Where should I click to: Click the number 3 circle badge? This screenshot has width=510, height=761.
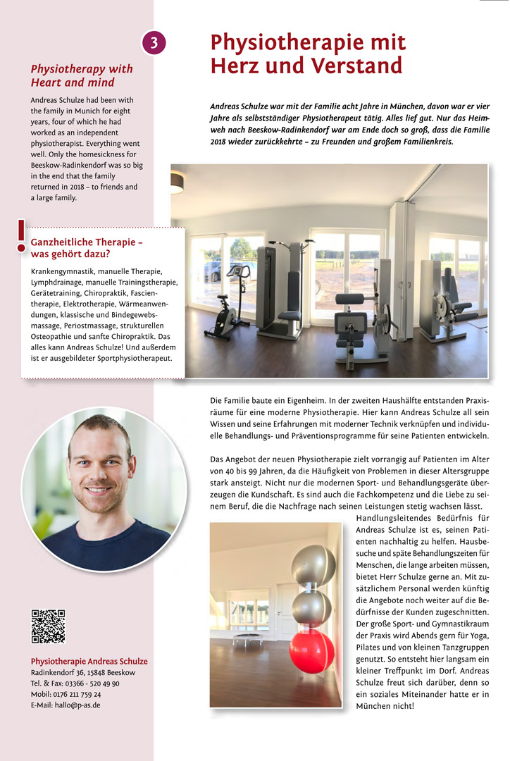(154, 43)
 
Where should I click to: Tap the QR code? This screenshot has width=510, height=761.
(48, 626)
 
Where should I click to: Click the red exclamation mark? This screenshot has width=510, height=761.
(21, 236)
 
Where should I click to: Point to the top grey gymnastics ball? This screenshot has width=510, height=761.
(313, 564)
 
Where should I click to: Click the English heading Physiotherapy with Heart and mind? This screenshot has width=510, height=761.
(81, 75)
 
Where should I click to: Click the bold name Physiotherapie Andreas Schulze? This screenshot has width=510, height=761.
(89, 661)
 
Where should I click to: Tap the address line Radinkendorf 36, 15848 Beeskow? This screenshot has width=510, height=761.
(82, 673)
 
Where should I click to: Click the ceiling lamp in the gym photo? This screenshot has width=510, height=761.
(177, 182)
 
